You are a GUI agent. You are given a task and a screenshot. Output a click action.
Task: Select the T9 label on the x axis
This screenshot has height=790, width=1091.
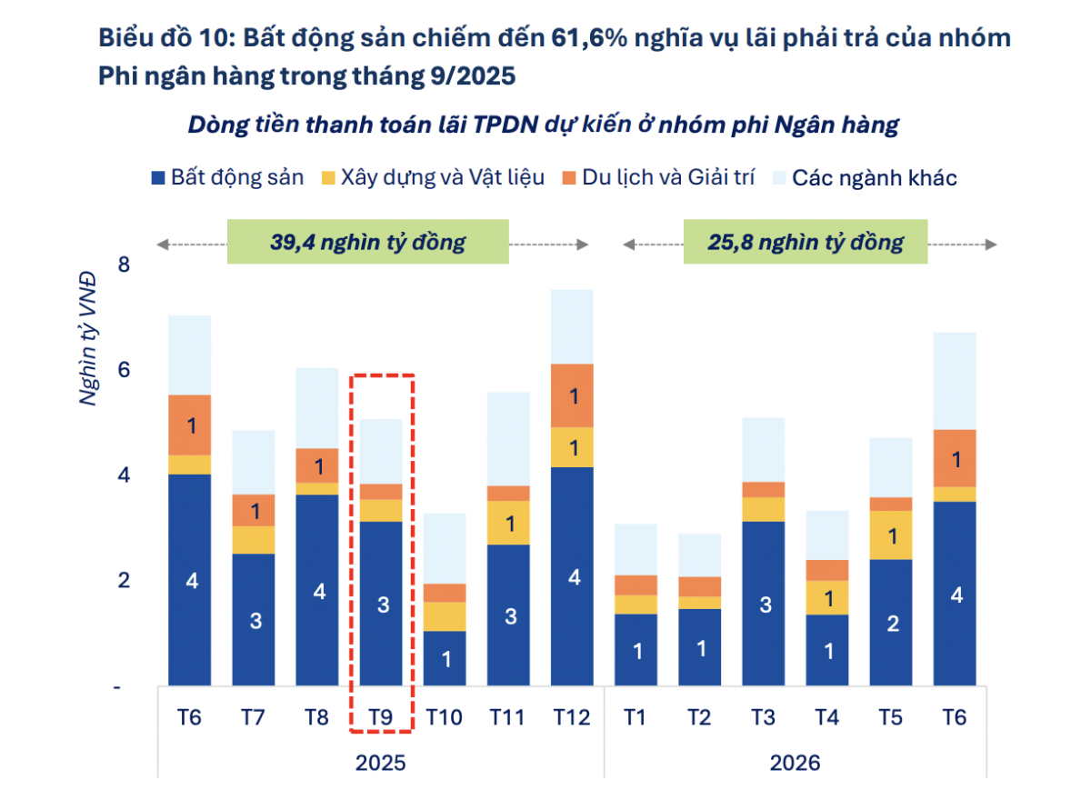pos(381,717)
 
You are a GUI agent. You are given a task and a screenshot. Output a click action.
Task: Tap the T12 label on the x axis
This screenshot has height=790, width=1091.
pos(573,717)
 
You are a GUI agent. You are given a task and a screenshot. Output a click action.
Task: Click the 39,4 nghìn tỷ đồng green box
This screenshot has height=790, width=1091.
pos(367,242)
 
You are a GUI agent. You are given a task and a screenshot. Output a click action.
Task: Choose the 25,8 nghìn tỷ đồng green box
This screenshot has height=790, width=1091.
pos(806,242)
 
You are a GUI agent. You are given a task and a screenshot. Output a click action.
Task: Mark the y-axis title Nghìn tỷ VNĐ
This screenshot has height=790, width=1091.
pos(89,338)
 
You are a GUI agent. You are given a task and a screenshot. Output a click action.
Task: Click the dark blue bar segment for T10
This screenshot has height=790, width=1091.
pos(445,658)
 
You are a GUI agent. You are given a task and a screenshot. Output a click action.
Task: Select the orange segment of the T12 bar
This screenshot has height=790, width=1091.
pos(573,395)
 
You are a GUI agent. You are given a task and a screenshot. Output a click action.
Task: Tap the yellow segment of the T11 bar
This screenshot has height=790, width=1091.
pos(509,523)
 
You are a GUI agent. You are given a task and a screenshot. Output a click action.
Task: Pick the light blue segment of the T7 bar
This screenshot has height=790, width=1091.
pos(254,462)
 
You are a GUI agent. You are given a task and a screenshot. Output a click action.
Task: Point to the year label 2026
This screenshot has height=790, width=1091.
pos(795,762)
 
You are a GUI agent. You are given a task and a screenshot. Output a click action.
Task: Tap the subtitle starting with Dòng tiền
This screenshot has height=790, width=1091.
pos(543,125)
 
